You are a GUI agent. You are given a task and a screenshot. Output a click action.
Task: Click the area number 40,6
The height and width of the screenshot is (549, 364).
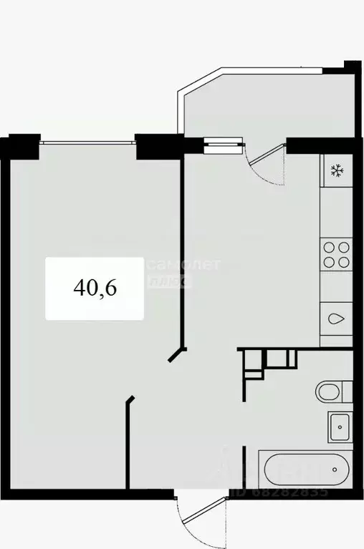point(95,288)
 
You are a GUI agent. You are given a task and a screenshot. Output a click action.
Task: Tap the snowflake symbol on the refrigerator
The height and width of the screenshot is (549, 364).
point(336,170)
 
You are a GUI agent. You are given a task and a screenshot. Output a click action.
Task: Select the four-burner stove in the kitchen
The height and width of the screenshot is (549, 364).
point(336,253)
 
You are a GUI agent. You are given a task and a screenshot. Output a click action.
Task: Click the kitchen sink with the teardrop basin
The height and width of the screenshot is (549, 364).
point(336,319)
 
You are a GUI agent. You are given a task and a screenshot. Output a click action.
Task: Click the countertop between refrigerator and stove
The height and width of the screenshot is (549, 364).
point(336,211)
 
